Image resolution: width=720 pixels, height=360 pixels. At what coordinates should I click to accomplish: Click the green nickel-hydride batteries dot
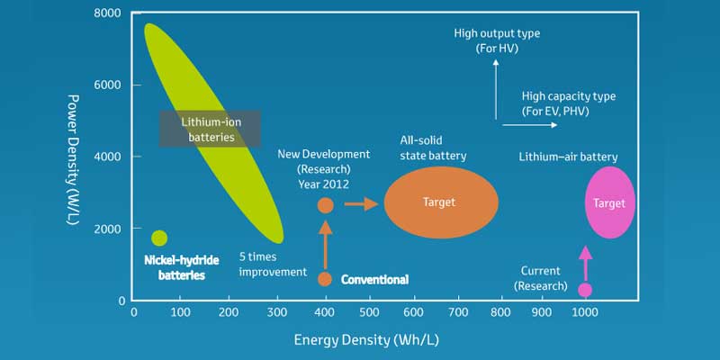159,238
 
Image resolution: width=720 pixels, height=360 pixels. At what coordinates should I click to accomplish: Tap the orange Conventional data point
325,279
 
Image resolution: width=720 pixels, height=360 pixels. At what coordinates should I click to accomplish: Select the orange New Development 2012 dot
326,205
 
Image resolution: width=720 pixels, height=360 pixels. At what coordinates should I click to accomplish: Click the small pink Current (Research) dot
585,290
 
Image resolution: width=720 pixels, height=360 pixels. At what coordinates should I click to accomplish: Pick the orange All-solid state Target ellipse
441,202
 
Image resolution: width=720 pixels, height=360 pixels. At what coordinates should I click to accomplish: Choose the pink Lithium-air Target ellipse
609,202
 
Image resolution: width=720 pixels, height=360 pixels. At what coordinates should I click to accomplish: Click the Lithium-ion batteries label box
211,129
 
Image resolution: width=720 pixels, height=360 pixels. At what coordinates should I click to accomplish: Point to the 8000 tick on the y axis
107,13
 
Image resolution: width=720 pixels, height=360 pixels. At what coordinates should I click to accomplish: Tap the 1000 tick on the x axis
584,312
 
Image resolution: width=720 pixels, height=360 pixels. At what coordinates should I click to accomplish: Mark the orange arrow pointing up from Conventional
326,243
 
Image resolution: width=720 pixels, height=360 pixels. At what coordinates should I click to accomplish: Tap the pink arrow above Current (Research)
585,263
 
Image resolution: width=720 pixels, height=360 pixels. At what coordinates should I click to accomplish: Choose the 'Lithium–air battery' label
568,157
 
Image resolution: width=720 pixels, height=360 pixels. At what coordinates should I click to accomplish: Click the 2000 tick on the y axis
107,229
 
